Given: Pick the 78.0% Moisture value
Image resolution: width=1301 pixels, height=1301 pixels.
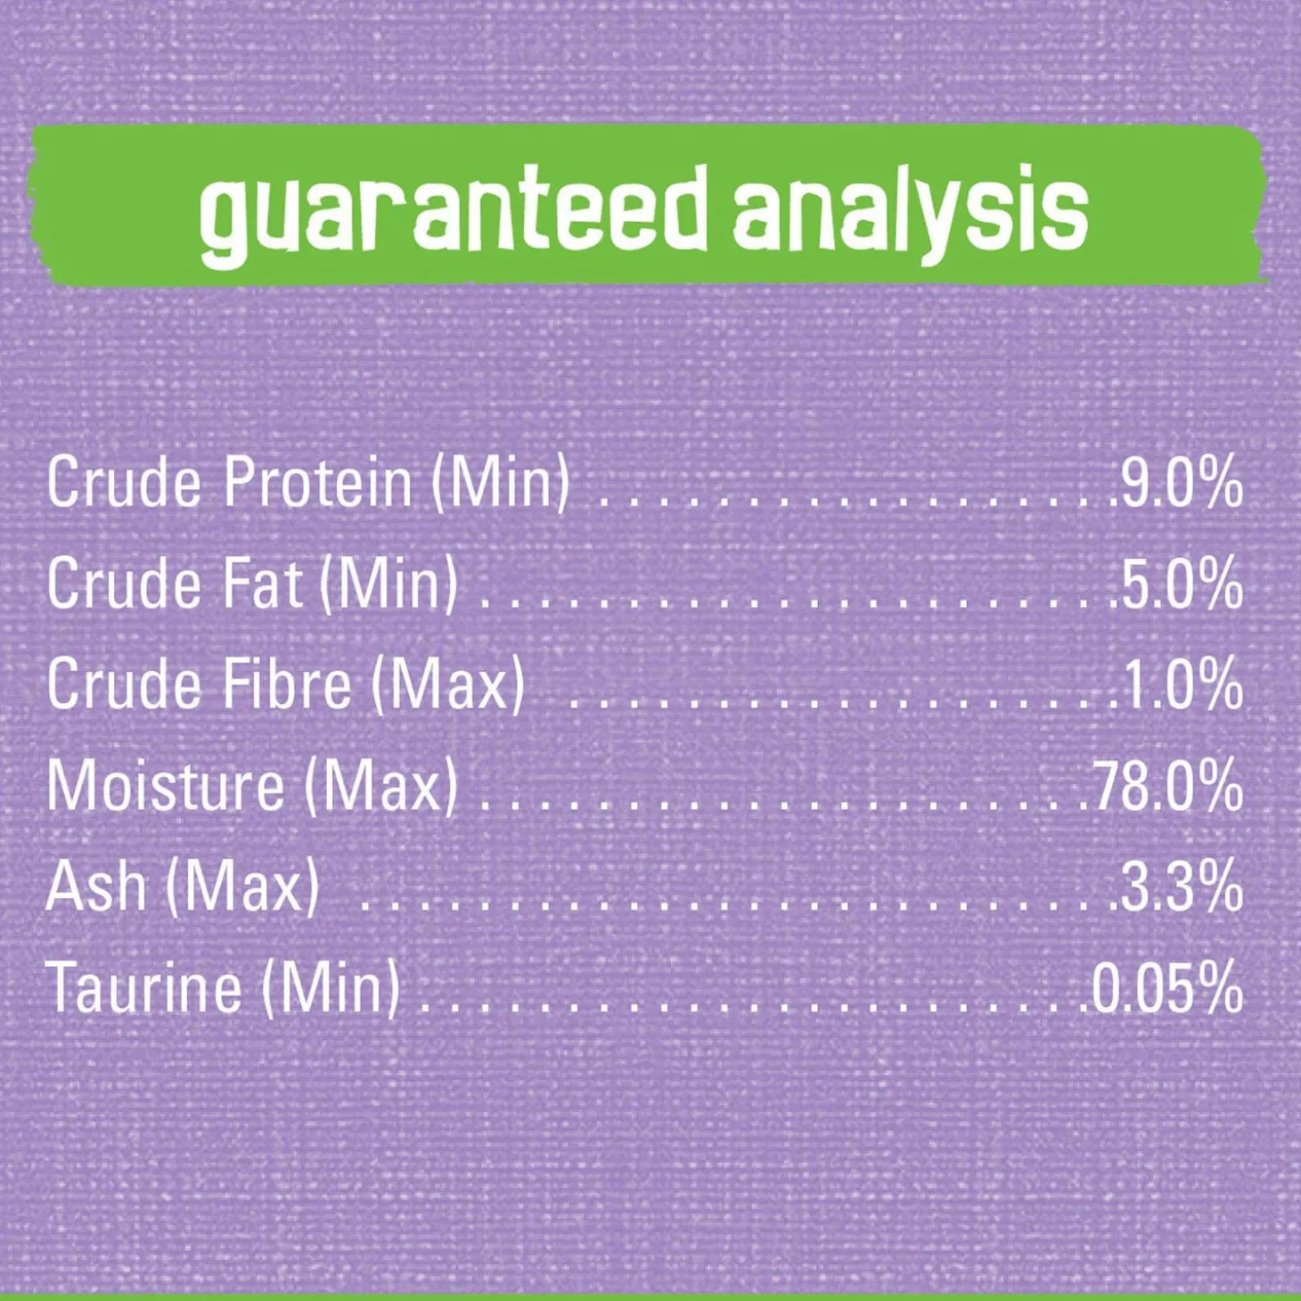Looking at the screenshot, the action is pyautogui.click(x=1167, y=786).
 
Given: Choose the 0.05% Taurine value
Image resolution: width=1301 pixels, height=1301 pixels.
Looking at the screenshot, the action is pyautogui.click(x=1167, y=988).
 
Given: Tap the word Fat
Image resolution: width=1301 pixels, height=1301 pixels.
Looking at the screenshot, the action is pyautogui.click(x=261, y=584).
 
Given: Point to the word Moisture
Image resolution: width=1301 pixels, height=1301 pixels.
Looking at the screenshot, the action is pyautogui.click(x=166, y=786).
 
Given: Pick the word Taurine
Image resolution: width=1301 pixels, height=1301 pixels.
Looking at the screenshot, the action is pyautogui.click(x=144, y=988).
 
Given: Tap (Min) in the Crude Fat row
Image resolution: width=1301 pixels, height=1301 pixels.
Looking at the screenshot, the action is pyautogui.click(x=389, y=585).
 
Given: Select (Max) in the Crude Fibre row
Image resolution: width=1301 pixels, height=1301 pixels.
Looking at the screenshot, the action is pyautogui.click(x=448, y=686).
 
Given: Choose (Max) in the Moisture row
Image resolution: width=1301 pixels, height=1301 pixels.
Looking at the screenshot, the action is pyautogui.click(x=380, y=787).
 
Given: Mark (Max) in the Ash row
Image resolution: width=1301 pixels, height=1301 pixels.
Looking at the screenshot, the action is pyautogui.click(x=242, y=888).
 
